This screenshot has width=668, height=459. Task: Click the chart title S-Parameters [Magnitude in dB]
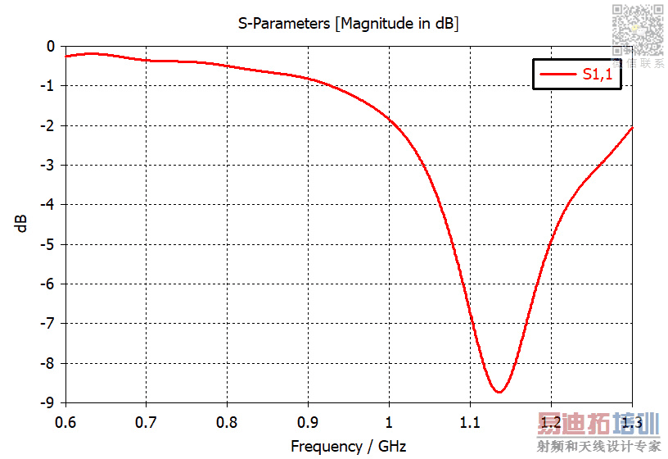(348, 24)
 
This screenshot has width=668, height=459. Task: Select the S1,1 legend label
(597, 75)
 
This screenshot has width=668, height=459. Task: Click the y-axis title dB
(21, 224)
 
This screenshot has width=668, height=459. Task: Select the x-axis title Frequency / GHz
(348, 447)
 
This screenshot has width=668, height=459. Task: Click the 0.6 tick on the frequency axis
(65, 423)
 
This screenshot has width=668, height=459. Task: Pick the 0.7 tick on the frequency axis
(146, 423)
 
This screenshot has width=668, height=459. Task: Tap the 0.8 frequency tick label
(227, 423)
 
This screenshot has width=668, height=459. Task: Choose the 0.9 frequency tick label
(308, 423)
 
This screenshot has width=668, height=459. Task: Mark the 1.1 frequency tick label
(470, 423)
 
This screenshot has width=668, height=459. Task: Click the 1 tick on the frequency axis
(389, 423)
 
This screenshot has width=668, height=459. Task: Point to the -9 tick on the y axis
(48, 402)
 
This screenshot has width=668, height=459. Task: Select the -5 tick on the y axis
(48, 244)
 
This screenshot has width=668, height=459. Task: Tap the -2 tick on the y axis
(48, 125)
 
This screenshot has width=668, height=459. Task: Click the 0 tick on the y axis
(51, 47)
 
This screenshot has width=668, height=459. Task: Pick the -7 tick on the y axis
(48, 323)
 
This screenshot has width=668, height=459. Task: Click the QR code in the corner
(637, 29)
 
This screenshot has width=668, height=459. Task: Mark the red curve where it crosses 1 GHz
(389, 120)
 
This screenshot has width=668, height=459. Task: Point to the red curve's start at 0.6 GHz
(65, 56)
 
